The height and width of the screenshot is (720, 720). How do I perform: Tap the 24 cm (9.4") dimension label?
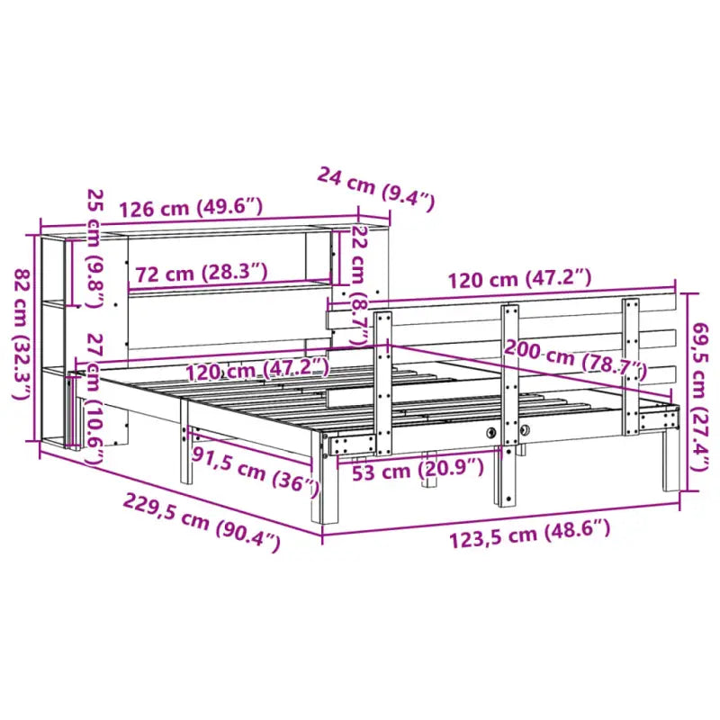click(x=375, y=188)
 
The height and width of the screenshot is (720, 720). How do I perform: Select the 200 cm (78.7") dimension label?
click(x=576, y=358)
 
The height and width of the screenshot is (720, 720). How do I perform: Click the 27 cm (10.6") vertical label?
click(x=94, y=397)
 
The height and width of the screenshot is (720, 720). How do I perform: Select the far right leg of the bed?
click(x=670, y=459)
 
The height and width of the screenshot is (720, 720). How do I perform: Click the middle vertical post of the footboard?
click(x=509, y=405)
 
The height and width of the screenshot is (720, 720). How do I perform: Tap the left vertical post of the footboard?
click(x=384, y=378)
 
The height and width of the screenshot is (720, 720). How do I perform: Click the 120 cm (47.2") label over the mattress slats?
click(x=258, y=369)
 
